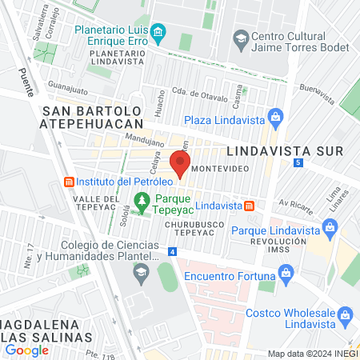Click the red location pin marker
pos(180,166)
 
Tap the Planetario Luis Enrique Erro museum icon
pos(158,34)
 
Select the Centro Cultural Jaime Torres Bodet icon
pos(240,37)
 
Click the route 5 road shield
pos(298,162)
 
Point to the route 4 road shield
pos(172,252)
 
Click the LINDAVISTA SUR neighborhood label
pos(285,150)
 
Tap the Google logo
pos(27,350)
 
